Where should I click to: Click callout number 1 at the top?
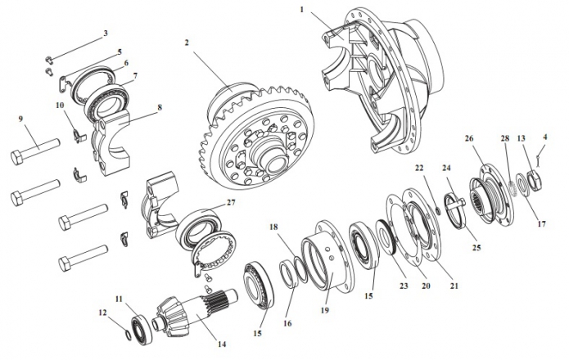[x=301, y=9]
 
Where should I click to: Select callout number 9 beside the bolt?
[x=105, y=34]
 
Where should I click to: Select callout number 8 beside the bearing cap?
[x=159, y=107]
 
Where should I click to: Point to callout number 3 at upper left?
[x=105, y=34]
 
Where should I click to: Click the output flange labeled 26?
[x=490, y=188]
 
